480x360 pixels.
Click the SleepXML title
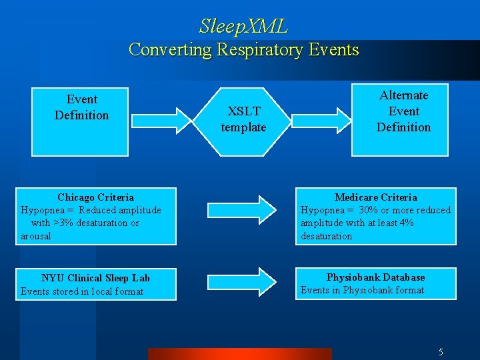point(243,26)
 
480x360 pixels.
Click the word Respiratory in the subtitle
point(259,49)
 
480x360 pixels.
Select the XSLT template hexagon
point(242,122)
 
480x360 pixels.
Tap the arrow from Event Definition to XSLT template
point(161,121)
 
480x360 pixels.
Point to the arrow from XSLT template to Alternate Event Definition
point(321,121)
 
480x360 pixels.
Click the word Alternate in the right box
point(403,95)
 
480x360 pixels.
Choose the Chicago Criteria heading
point(95,197)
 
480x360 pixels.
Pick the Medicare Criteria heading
point(375,197)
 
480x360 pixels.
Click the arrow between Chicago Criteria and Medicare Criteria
point(242,210)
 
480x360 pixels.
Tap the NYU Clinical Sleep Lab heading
point(95,278)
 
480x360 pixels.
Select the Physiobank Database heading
point(375,277)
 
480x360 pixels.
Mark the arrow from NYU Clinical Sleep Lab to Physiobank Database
point(242,282)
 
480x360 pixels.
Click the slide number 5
point(441,352)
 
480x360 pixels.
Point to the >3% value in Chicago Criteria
point(63,223)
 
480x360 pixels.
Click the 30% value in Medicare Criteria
point(368,210)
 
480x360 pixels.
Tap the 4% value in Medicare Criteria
point(407,223)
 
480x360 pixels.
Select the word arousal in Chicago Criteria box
point(36,236)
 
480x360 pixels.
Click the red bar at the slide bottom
point(240,354)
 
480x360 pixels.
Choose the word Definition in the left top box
point(81,115)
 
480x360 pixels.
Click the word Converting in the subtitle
point(170,49)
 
